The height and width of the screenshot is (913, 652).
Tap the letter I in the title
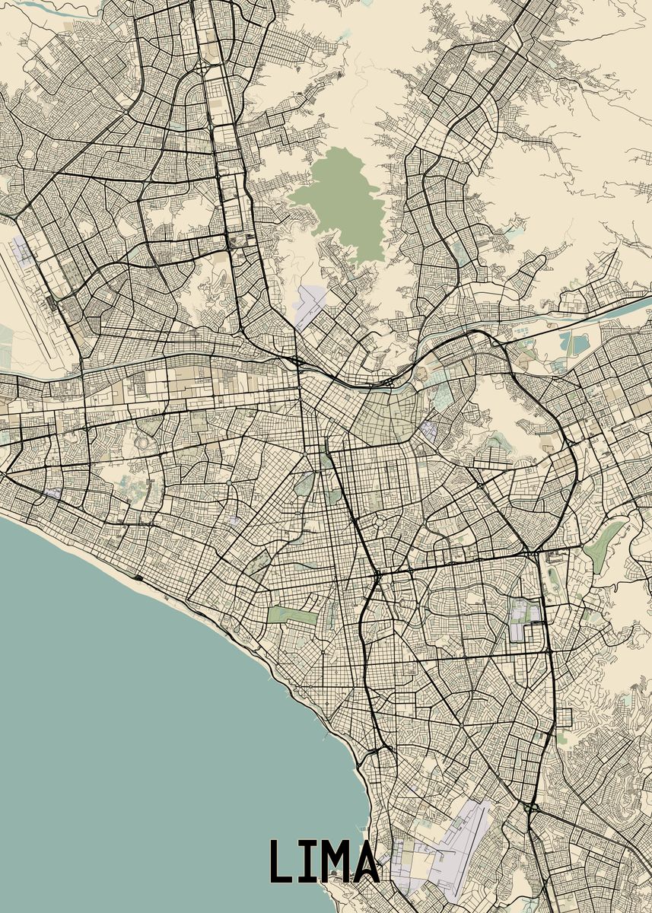(304, 861)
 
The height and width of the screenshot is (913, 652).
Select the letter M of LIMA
(331, 861)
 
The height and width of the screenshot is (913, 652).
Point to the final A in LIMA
(364, 861)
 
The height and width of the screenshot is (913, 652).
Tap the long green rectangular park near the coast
(293, 615)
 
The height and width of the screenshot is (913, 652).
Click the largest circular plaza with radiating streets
(380, 523)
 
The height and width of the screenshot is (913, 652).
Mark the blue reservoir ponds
(574, 342)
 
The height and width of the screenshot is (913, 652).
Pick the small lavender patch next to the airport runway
(23, 251)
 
